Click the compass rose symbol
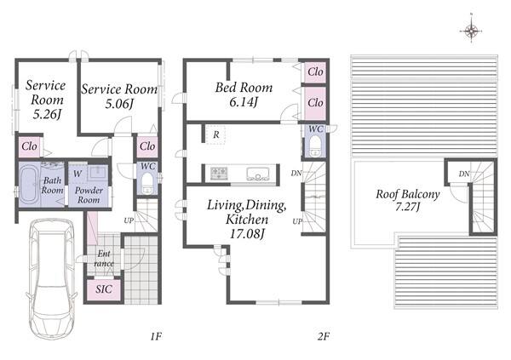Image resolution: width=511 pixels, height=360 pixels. coord(471,31)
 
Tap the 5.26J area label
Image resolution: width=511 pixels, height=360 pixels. coord(47,114)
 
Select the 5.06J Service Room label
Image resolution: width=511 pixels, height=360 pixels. coord(119,96)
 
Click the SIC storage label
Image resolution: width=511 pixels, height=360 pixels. coord(104,289)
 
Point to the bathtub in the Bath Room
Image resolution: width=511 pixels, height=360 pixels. coord(30,185)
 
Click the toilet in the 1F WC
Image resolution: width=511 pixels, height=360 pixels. coord(147,182)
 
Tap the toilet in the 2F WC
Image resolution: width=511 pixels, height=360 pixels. coord(315,146)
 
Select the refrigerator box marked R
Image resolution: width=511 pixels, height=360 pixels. coord(215,134)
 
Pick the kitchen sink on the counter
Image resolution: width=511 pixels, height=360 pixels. coord(258,174)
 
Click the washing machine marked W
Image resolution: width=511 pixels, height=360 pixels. coord(78,174)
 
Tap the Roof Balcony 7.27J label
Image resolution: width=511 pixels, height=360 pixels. coord(408,200)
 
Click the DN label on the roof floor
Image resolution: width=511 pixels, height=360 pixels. coord(464,174)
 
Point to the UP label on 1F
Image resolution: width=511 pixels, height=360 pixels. coord(129,220)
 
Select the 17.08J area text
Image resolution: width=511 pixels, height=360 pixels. coord(247,233)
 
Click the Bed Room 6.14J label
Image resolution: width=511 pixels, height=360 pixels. coord(244,94)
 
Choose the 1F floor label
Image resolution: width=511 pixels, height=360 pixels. coord(156,336)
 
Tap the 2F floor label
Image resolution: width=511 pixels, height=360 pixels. coord(324,336)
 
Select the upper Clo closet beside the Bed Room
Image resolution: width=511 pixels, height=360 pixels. coord(315,71)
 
